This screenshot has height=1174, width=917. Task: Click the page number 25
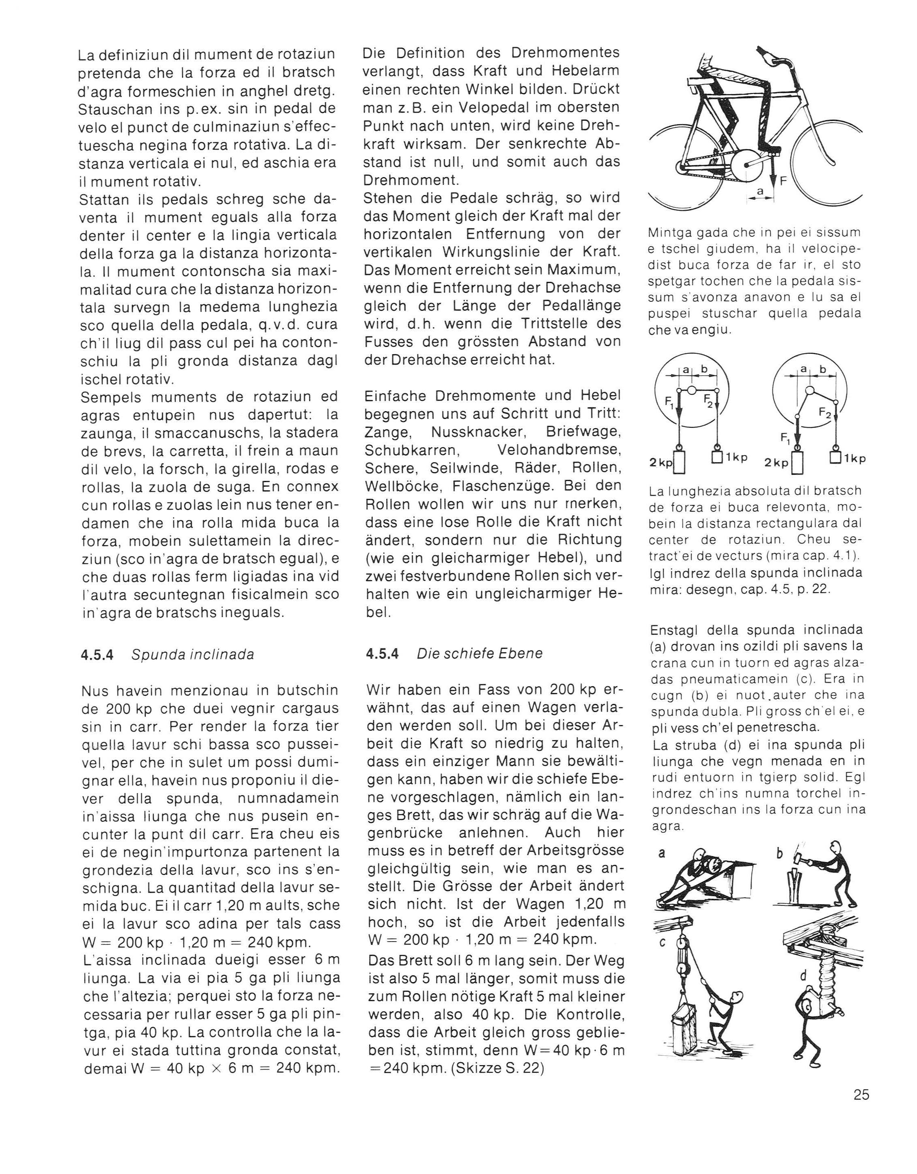click(861, 1095)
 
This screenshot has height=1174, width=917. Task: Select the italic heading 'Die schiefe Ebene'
click(480, 654)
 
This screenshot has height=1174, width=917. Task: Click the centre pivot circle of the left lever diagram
click(693, 390)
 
